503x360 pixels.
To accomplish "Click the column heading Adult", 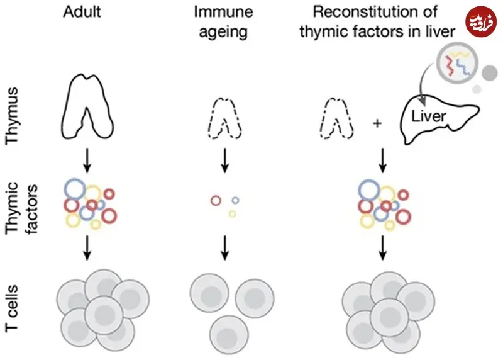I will click(87, 12).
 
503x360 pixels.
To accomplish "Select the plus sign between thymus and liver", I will click(377, 122).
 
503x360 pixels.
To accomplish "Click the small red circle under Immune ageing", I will click(216, 201).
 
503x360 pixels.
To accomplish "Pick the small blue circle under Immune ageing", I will click(235, 200).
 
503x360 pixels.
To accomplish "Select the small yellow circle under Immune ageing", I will click(232, 214).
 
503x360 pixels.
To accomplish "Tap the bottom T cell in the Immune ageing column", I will click(227, 330).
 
